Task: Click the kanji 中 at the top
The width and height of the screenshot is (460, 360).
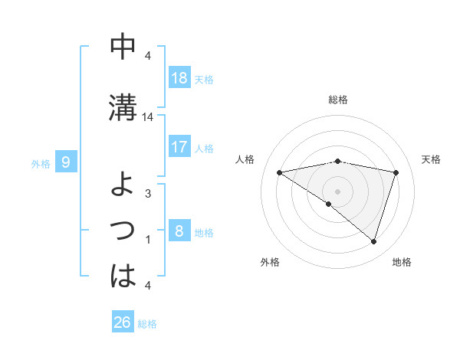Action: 123,47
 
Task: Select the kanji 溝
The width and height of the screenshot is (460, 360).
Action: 123,106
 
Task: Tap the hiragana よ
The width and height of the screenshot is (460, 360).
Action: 123,184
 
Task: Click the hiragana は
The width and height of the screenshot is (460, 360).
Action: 123,275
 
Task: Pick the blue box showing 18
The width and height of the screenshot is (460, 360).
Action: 179,77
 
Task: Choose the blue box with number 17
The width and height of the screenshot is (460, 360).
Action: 179,146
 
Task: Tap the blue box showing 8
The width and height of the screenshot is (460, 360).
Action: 179,230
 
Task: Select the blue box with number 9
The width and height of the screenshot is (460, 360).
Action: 66,162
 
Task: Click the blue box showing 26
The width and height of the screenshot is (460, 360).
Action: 122,322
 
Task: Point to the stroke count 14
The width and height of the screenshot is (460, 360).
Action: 148,117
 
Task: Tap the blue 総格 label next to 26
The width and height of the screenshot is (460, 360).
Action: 148,323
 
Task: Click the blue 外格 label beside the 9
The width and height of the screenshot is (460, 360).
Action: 41,162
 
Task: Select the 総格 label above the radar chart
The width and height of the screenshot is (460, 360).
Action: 337,100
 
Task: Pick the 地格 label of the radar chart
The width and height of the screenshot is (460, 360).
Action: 402,262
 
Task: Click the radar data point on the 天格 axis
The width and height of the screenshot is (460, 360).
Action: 396,172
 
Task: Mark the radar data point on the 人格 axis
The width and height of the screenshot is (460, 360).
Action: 279,172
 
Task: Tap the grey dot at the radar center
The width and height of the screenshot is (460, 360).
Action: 337,191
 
